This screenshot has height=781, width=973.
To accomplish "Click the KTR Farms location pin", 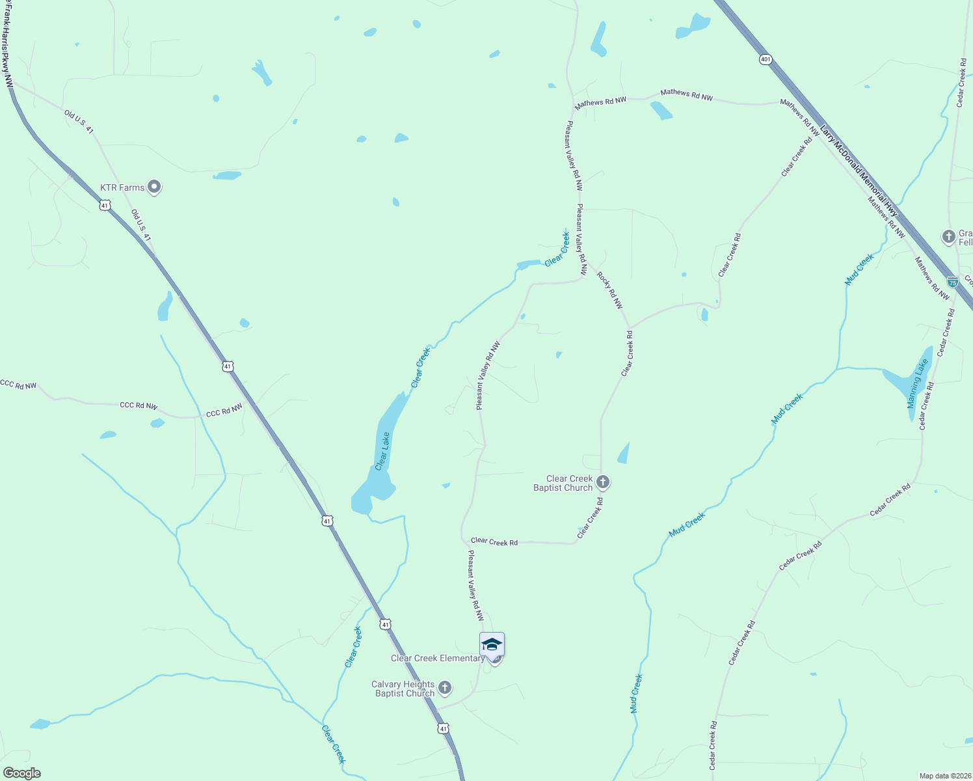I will pos(154,187).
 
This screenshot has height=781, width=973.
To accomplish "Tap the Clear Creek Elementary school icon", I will pos(492,645).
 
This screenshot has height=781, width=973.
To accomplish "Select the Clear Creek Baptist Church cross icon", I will pos(603,482).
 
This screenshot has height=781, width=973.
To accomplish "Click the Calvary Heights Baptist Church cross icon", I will pos(445,688).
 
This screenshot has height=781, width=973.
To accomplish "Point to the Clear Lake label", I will pos(382,450).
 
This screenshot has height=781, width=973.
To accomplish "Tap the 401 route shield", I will pos(765,59).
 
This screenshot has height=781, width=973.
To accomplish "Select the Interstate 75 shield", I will pos(953,282).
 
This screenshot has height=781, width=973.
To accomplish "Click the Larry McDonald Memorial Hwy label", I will pos(859,172).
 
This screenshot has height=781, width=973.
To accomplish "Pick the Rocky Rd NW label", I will pos(610,290).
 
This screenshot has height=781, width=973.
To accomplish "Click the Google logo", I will pos(21,773).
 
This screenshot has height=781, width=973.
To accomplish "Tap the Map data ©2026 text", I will pos(944,776).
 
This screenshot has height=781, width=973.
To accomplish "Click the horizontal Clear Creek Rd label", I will pos(494,541).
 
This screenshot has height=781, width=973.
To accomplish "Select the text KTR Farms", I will pos(122,187).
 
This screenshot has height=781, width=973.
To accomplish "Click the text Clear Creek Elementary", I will pos(437,658).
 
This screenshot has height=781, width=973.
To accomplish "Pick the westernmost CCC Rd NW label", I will pos(18,385).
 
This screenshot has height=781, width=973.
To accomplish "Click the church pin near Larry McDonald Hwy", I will pos(949,236).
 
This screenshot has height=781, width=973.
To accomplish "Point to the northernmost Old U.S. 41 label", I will pos(79,122).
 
